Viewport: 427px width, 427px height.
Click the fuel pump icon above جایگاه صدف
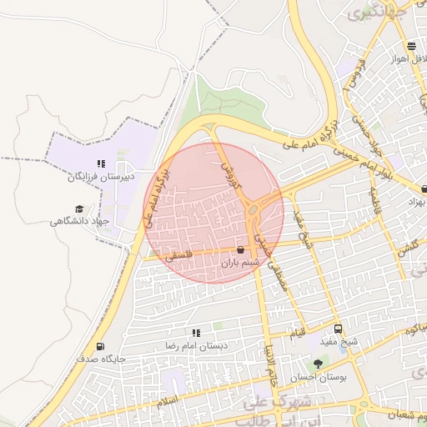tap(100, 346)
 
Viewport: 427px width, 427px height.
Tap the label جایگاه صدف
tap(100, 359)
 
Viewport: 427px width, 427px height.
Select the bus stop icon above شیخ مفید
tap(338, 329)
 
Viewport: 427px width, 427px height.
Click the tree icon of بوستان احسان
tap(318, 364)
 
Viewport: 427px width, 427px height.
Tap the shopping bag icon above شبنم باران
tap(241, 249)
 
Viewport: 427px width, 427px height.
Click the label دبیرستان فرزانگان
tap(100, 177)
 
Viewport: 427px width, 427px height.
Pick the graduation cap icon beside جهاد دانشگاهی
tap(79, 209)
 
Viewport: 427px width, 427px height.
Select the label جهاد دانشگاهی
tap(80, 221)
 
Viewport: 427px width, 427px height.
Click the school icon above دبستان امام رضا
tap(197, 333)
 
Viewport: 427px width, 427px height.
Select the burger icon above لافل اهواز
tap(411, 46)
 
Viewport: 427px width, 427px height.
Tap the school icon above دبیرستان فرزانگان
tap(100, 163)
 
